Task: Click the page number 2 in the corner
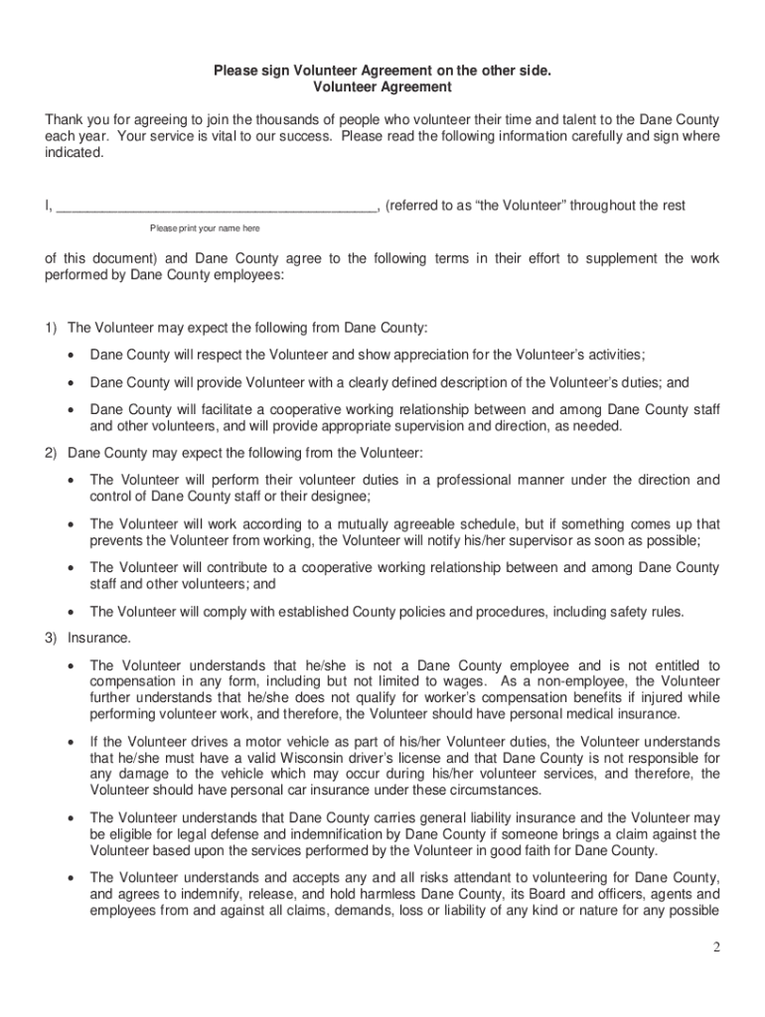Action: [715, 946]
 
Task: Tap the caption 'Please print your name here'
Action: [206, 228]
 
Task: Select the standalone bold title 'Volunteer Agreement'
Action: [382, 88]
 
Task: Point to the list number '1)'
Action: [51, 329]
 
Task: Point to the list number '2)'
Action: [51, 454]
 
